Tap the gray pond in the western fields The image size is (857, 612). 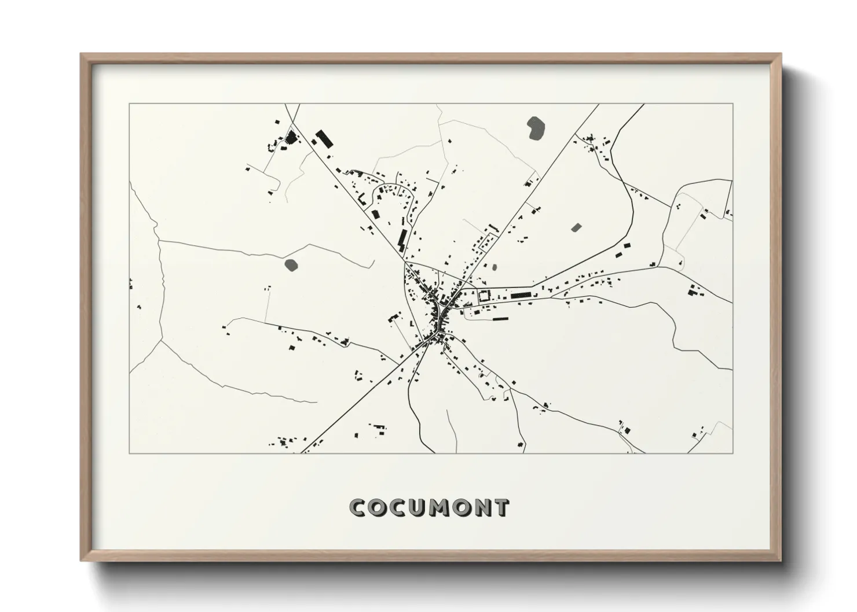[x=291, y=265]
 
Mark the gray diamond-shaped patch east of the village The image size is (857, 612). [x=576, y=227]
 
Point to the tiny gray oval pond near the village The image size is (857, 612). [x=494, y=268]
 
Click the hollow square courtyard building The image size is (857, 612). [x=482, y=296]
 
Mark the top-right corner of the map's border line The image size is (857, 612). [x=733, y=104]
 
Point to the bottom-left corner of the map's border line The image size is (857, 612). [x=130, y=453]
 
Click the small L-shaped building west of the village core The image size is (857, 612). [x=412, y=323]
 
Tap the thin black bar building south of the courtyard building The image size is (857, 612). [x=500, y=318]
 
